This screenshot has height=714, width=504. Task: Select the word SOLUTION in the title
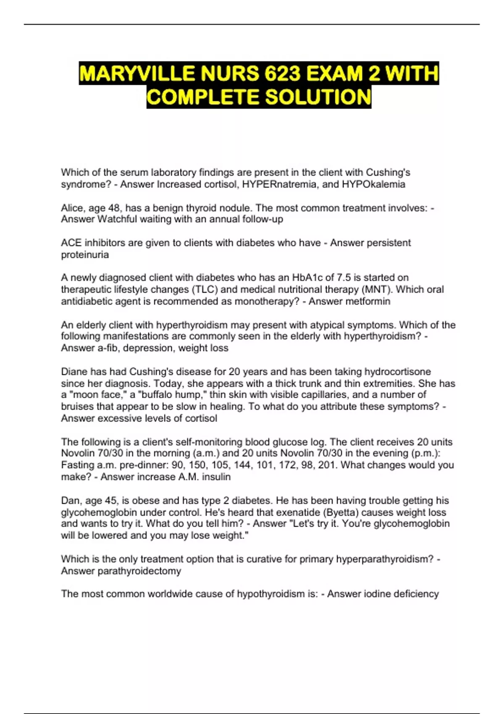(x=318, y=97)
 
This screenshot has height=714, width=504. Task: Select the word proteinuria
(x=85, y=255)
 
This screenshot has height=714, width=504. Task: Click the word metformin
(x=370, y=301)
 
